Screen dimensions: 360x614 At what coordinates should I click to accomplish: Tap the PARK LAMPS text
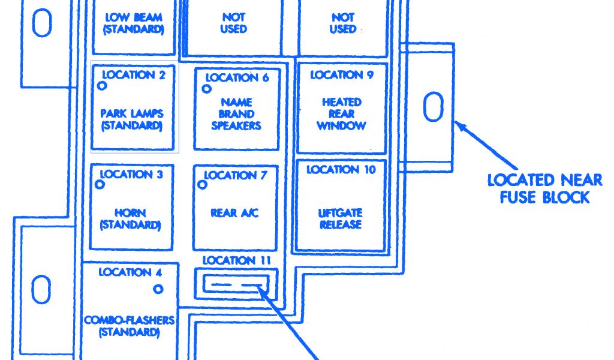132,113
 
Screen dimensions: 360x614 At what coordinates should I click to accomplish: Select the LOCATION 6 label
237,77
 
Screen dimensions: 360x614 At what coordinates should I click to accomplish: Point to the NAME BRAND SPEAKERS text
236,114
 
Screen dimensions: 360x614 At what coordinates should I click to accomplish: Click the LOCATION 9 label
342,75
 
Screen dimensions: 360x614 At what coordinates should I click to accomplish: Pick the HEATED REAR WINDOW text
341,114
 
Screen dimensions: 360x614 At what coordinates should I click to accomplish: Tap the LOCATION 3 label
131,175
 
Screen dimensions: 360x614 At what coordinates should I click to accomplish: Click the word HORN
131,213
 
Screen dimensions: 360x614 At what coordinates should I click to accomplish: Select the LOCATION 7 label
236,175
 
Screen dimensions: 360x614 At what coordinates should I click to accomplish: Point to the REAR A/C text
235,213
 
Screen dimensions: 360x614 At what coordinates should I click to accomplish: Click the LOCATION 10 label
341,170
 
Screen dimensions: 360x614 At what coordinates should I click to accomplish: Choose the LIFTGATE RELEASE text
341,219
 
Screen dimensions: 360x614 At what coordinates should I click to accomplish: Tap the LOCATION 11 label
236,260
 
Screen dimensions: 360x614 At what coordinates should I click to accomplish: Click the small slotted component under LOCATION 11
237,283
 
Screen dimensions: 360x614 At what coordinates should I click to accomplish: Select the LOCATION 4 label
130,272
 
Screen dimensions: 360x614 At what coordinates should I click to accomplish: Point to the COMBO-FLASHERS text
130,320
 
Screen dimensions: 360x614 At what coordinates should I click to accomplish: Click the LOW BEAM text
134,17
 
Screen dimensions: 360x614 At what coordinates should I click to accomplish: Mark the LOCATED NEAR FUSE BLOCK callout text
544,188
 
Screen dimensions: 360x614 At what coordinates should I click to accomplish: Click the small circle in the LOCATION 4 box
158,289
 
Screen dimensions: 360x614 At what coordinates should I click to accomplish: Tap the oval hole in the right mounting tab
432,107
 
